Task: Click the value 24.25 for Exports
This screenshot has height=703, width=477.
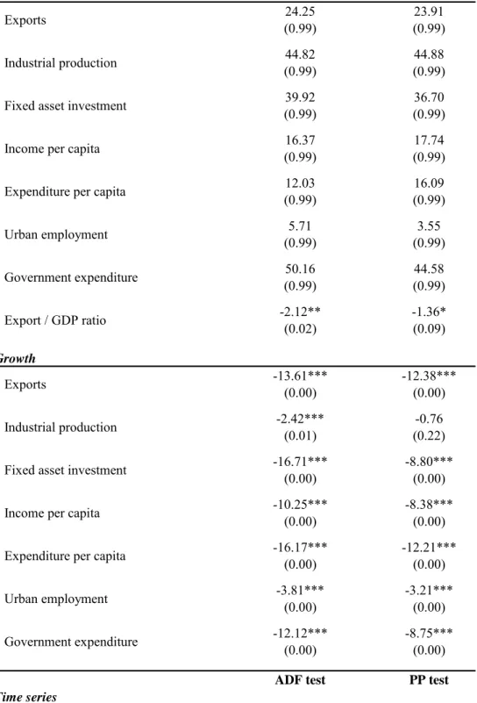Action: (x=300, y=11)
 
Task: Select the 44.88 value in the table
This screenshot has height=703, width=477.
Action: (x=429, y=54)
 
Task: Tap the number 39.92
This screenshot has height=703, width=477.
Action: (x=300, y=97)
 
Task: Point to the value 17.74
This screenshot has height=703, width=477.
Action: (x=429, y=140)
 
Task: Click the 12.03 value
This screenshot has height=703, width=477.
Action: (x=300, y=183)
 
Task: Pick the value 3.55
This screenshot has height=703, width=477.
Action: (x=429, y=226)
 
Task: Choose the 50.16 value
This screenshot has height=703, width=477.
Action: (x=300, y=269)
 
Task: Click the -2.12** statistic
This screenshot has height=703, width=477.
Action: (x=300, y=312)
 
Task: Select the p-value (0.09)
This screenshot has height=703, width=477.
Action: (x=429, y=329)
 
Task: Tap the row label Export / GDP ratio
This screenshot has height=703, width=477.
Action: (x=55, y=320)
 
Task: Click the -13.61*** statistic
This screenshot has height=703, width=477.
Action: (x=300, y=376)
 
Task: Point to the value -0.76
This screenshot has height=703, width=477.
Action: (x=429, y=419)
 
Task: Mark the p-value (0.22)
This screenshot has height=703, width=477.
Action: (x=429, y=436)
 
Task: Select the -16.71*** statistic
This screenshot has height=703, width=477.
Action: (x=300, y=462)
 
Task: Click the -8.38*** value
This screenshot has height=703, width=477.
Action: (x=429, y=505)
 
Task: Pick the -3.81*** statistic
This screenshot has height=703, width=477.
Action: (x=300, y=590)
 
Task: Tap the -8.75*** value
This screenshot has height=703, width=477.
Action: (x=429, y=633)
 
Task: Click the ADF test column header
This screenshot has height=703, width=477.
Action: (x=300, y=680)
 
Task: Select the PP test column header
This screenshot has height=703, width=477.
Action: (x=429, y=680)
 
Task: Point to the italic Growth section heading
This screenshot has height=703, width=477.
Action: (x=17, y=359)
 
